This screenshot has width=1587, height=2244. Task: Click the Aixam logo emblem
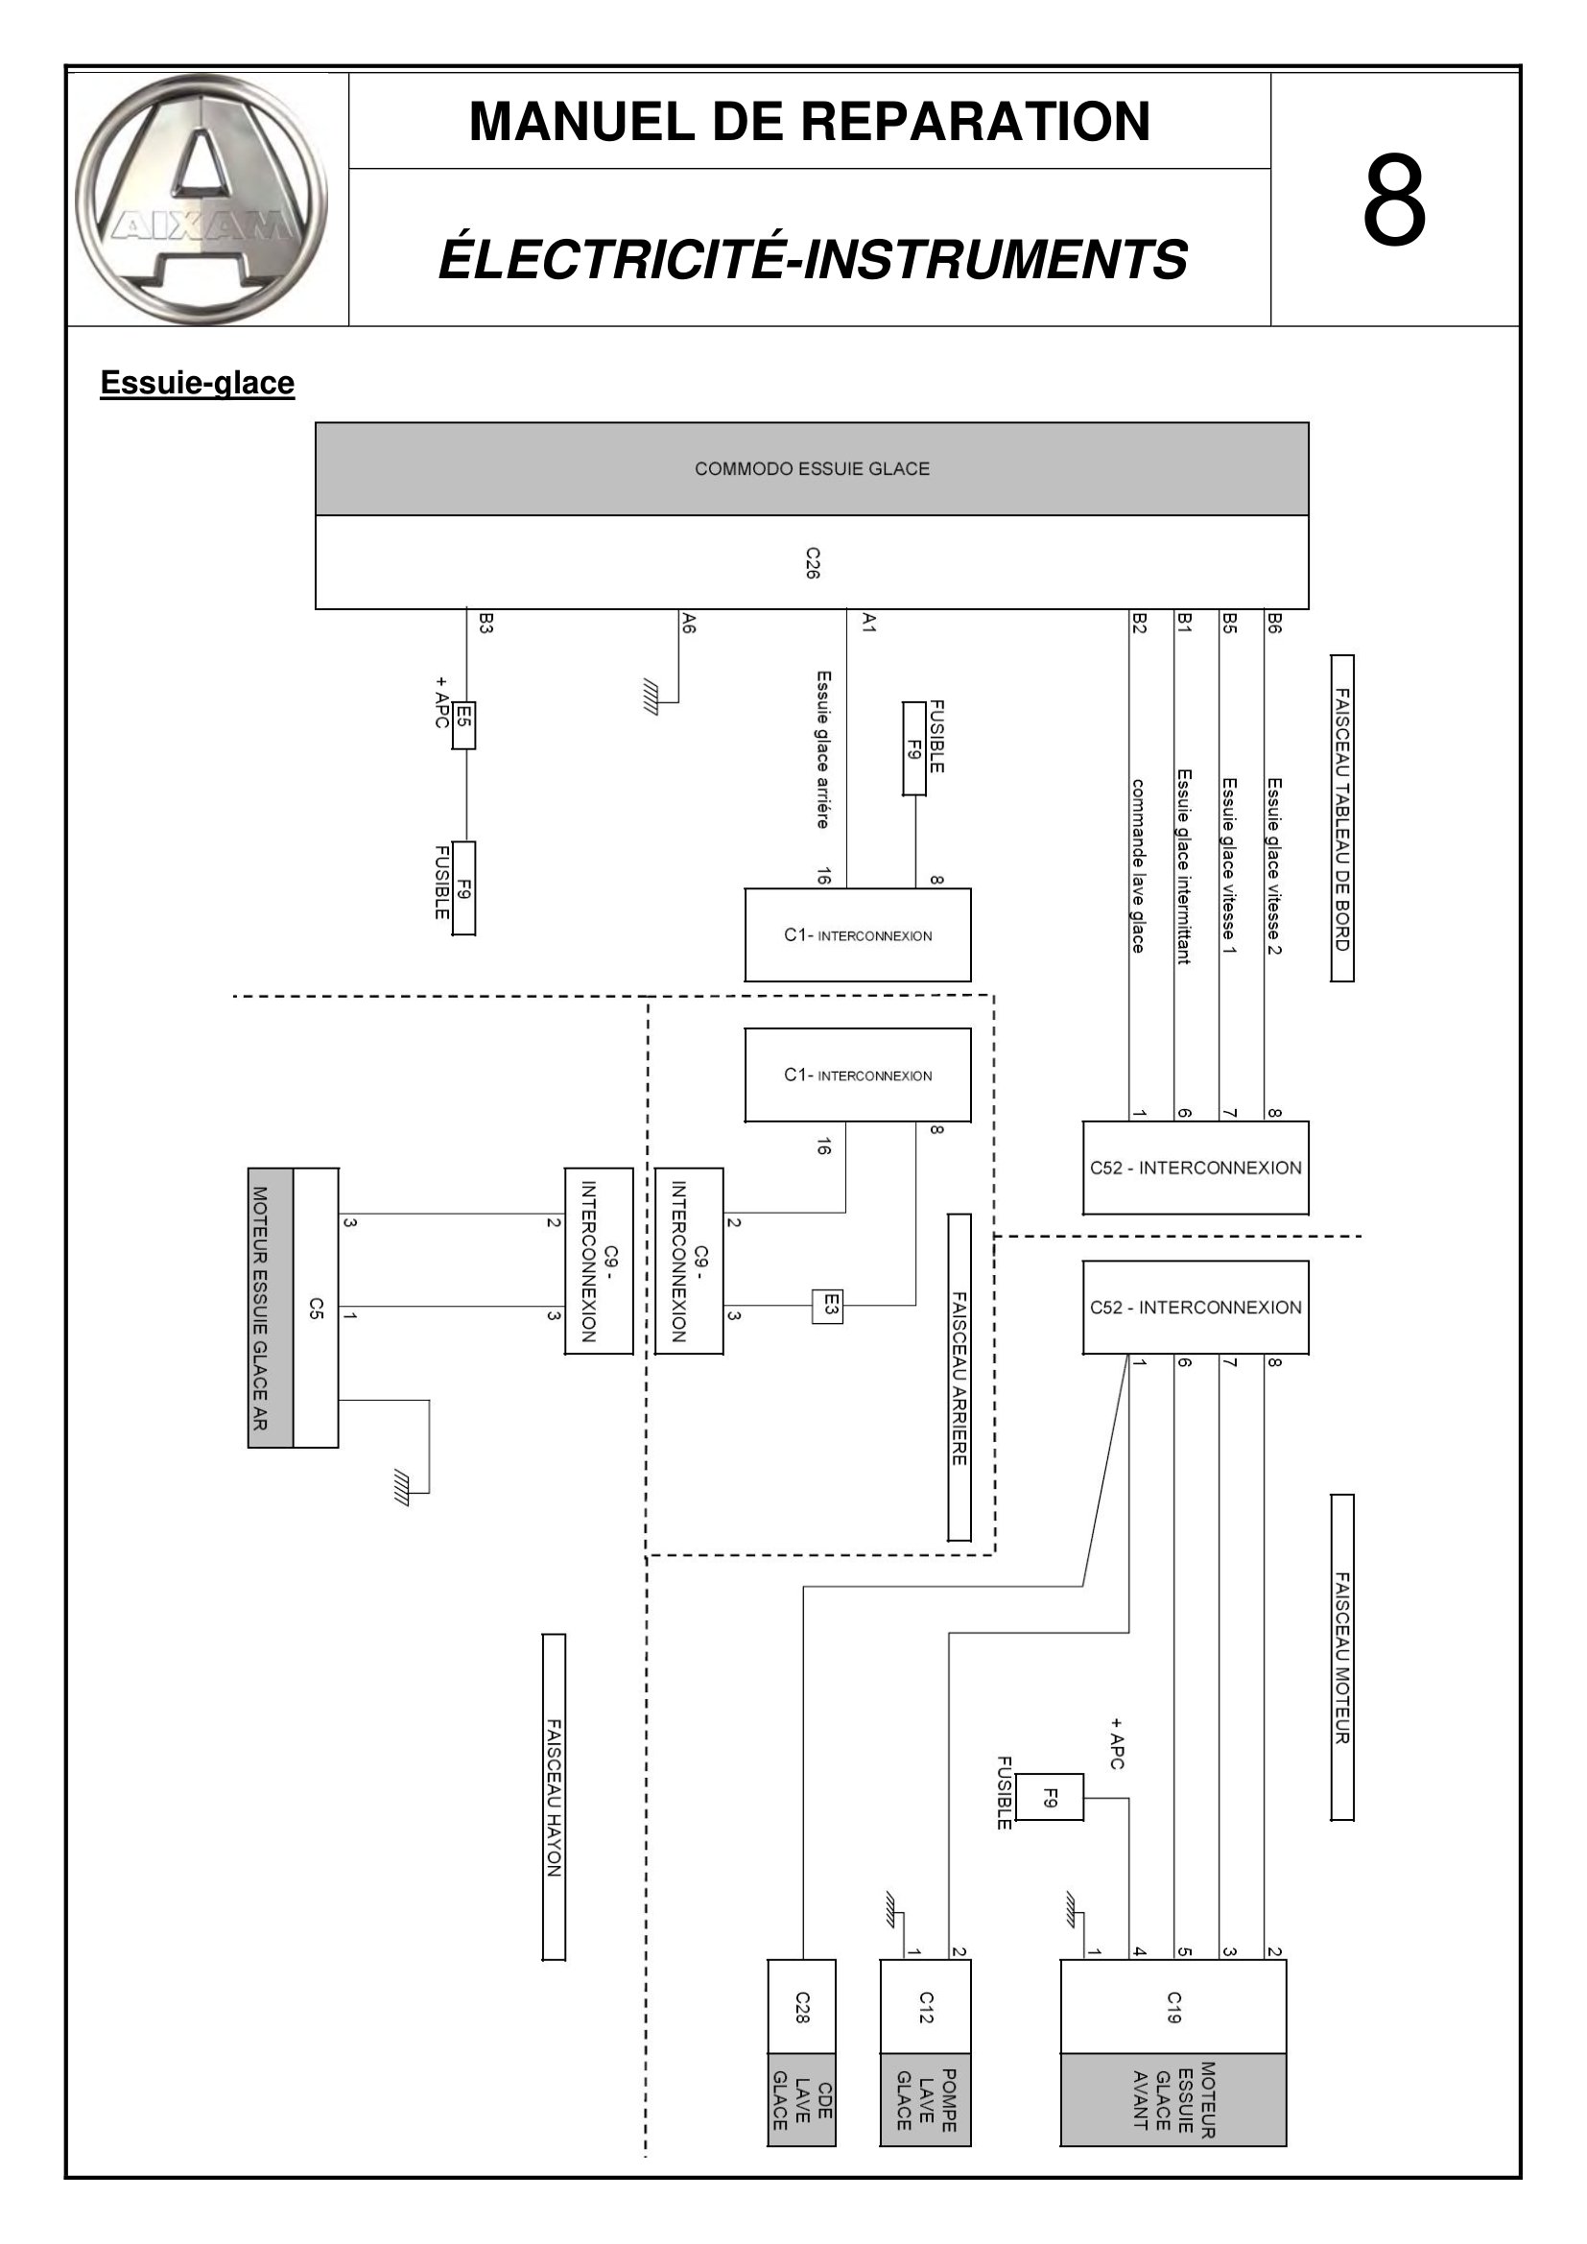pyautogui.click(x=201, y=200)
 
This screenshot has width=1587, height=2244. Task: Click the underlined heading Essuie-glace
pyautogui.click(x=198, y=382)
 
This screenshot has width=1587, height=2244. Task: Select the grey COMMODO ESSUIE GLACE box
pyautogui.click(x=811, y=468)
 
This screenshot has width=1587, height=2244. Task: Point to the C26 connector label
pyautogui.click(x=812, y=563)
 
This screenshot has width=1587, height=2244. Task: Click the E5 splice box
pyautogui.click(x=463, y=724)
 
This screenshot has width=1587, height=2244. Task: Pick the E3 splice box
pyautogui.click(x=827, y=1306)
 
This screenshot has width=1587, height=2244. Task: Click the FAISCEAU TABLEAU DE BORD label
pyautogui.click(x=1342, y=818)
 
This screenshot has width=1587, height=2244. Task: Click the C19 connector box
pyautogui.click(x=1172, y=2006)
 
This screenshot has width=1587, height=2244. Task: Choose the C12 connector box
pyautogui.click(x=925, y=2006)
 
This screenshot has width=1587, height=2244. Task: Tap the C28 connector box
pyautogui.click(x=801, y=2006)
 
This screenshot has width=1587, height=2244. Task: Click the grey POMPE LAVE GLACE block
pyautogui.click(x=925, y=2099)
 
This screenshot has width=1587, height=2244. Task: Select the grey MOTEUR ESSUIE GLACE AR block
pyautogui.click(x=271, y=1308)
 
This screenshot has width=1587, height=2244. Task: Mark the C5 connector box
pyautogui.click(x=316, y=1308)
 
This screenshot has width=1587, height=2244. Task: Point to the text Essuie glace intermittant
pyautogui.click(x=1183, y=866)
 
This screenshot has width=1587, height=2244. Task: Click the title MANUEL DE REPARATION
pyautogui.click(x=810, y=121)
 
